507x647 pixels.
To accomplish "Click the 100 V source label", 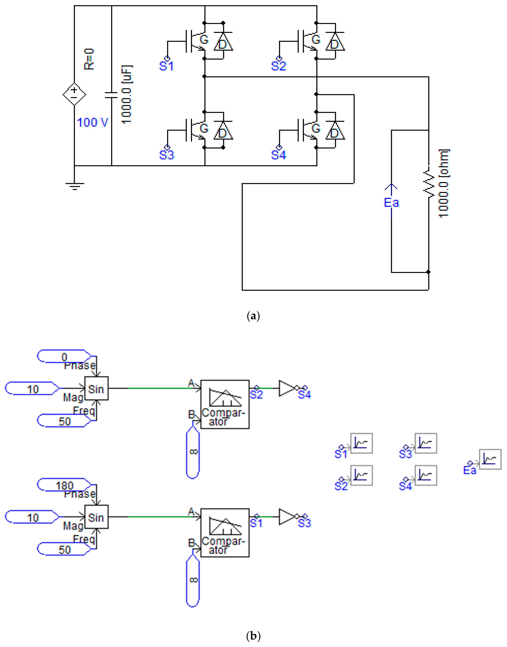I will (92, 122).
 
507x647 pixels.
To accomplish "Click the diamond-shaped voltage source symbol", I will (74, 94).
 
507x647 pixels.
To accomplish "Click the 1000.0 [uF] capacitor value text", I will (127, 94).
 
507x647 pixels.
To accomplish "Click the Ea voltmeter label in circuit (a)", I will (391, 203).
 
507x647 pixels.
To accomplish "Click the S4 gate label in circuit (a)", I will (278, 155).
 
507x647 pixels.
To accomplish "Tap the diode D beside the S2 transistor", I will (335, 42).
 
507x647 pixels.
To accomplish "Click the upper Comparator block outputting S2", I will (225, 404).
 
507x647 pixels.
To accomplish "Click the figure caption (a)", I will (253, 316).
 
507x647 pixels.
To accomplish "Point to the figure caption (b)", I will (253, 636).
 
